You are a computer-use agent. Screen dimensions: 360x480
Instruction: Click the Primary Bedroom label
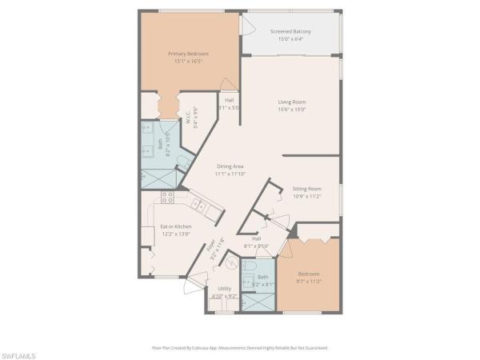point(188,54)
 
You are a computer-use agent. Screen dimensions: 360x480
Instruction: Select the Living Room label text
point(293,102)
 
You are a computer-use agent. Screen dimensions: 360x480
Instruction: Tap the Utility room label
point(224,289)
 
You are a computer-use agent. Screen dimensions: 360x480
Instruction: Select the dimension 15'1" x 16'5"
point(188,61)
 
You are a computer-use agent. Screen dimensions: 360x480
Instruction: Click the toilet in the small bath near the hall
point(249,266)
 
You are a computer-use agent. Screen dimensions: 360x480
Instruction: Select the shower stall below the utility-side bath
point(257,302)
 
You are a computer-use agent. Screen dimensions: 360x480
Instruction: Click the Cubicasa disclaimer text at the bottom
point(240,348)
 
